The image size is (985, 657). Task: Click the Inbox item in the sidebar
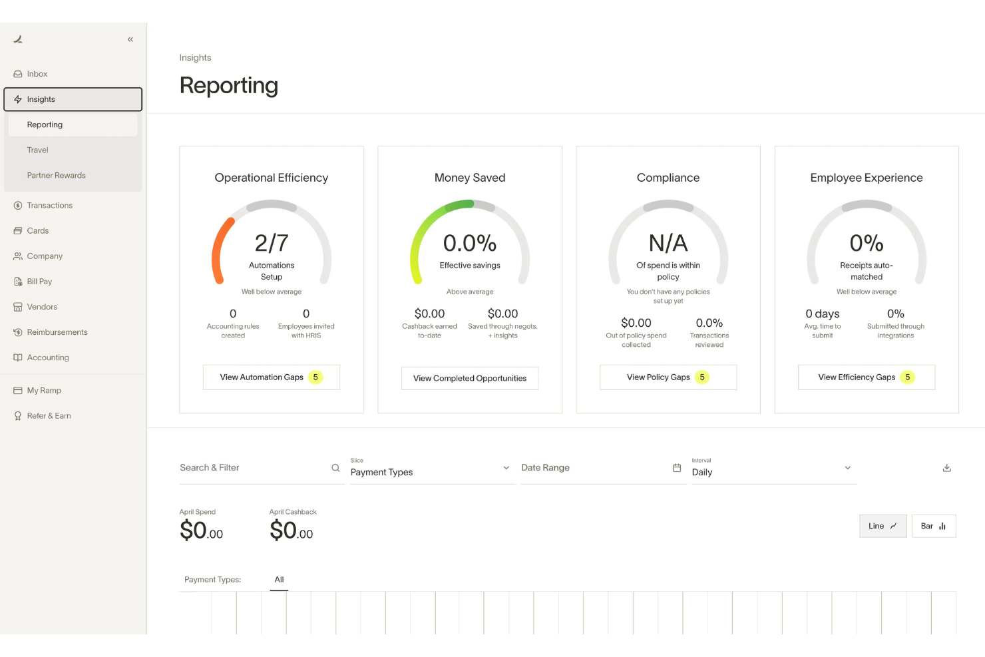[x=37, y=74]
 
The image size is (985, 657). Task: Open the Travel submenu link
[x=38, y=150]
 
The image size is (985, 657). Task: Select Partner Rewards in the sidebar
[x=57, y=175]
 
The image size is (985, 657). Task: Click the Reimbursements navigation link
[x=57, y=332]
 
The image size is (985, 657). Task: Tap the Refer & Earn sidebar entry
[x=49, y=416]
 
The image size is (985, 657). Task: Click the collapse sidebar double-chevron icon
[x=130, y=39]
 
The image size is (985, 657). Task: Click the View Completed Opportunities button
[x=470, y=378]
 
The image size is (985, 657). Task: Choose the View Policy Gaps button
[x=668, y=377]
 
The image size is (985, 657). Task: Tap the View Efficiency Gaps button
[x=866, y=377]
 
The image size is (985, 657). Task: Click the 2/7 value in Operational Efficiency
[x=272, y=243]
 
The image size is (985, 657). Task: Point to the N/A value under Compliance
[x=668, y=243]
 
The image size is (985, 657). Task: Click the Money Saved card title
[x=470, y=178]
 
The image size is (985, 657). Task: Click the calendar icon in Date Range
[x=677, y=468]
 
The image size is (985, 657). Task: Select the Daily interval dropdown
[x=772, y=469]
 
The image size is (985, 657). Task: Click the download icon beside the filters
[x=946, y=468]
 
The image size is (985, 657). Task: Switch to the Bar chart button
[x=933, y=526]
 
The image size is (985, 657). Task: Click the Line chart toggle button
[x=883, y=526]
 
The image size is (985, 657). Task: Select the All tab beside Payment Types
[x=279, y=580]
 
